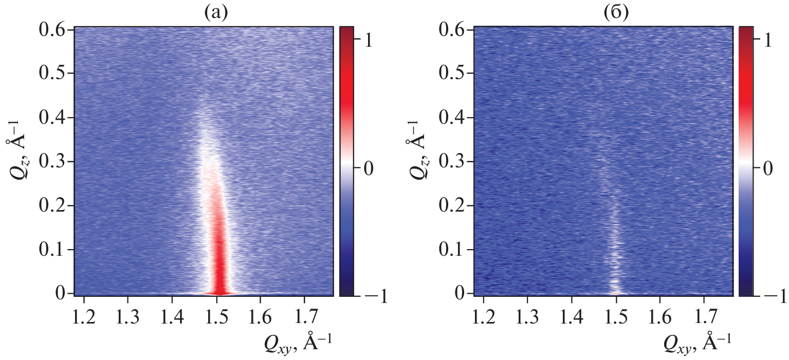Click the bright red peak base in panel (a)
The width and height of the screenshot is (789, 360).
(x=218, y=291)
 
